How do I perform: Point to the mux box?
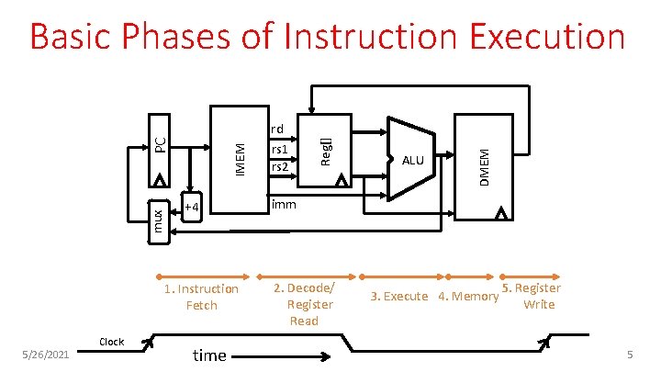click(x=158, y=220)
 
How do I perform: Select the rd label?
click(x=277, y=129)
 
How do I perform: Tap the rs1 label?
click(x=278, y=150)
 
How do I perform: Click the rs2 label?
click(x=278, y=167)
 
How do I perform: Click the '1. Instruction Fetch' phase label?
click(x=201, y=297)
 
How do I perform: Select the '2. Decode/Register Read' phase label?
click(x=305, y=304)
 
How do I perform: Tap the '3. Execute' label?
click(x=398, y=296)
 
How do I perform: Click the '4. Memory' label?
click(x=468, y=296)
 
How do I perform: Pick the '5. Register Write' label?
click(x=533, y=296)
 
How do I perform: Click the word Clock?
click(x=111, y=342)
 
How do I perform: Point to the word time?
click(x=209, y=355)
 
